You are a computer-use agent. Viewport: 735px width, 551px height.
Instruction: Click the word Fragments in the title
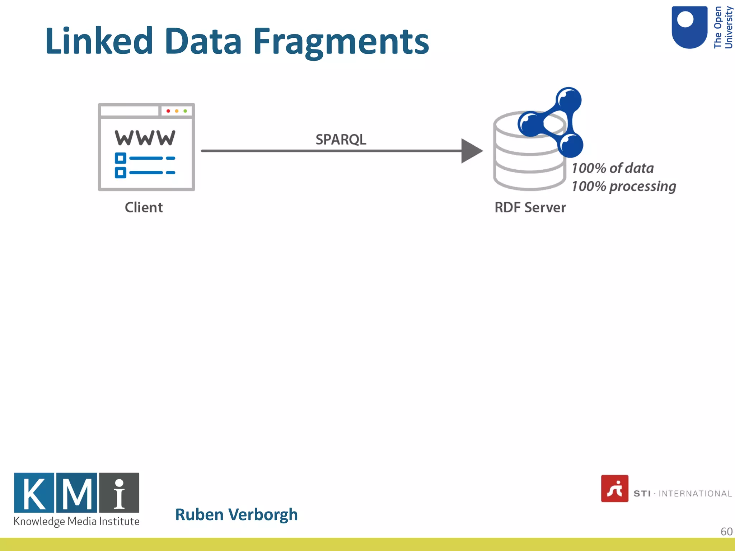341,42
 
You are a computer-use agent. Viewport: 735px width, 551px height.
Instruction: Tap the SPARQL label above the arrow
341,140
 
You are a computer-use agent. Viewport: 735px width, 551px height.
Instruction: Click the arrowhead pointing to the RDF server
471,151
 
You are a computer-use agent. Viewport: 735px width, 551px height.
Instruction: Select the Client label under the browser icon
144,207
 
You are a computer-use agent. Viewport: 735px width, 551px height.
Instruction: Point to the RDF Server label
530,207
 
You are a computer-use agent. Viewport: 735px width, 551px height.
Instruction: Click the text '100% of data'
613,168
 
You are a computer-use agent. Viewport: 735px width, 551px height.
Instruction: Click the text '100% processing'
624,186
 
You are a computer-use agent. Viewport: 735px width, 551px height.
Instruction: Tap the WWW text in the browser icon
145,138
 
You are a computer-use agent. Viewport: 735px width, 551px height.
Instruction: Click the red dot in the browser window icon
168,111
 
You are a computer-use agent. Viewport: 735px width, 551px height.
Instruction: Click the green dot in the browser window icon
185,111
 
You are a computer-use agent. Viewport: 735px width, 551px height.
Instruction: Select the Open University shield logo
689,27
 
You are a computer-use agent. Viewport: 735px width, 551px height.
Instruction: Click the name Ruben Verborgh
236,514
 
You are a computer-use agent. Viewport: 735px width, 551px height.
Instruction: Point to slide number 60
726,531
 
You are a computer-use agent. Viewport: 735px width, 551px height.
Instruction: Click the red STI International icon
614,489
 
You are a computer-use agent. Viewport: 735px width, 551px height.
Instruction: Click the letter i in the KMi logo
119,493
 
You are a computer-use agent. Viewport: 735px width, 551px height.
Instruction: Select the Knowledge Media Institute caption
76,521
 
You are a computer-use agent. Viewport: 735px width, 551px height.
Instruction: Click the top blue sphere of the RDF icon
568,99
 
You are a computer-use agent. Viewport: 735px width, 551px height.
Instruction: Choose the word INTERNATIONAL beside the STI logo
695,494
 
